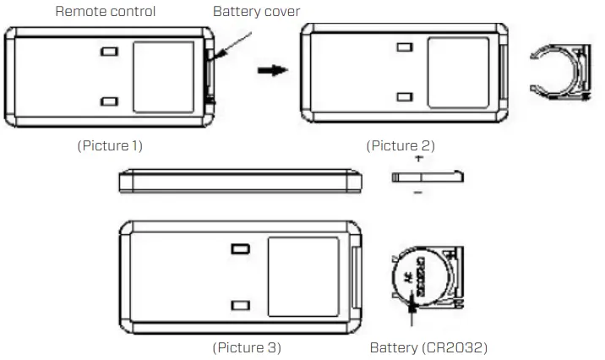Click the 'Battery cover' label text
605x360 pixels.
[x=256, y=12]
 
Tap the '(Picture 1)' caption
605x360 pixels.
[x=110, y=145]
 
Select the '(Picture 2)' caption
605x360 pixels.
[x=401, y=145]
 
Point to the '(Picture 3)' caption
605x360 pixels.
[x=246, y=347]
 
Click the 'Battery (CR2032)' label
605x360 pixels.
[x=428, y=347]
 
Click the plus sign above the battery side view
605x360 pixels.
[x=418, y=159]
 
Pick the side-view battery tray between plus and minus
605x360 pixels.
[x=428, y=176]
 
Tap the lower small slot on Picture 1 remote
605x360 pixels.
[x=109, y=101]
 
